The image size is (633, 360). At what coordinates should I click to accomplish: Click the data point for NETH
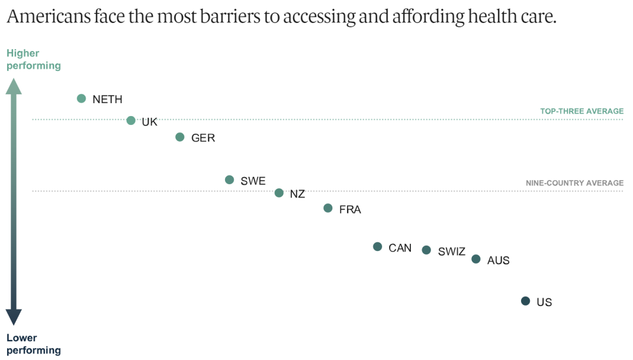coord(81,99)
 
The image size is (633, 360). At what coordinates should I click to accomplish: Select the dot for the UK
coord(131,120)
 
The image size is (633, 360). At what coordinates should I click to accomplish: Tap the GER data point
coord(180,137)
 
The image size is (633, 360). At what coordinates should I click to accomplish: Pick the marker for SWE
coord(229,180)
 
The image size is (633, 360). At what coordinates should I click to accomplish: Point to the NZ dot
coord(279,193)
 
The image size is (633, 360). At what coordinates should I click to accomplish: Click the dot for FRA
coord(328,208)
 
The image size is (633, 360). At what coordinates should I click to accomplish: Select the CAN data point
coord(377,247)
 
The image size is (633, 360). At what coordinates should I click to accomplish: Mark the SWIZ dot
coord(427,250)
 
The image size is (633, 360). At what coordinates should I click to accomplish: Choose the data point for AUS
coord(476,259)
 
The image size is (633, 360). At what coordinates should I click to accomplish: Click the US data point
coord(525,301)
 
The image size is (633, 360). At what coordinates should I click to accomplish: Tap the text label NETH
coord(107,100)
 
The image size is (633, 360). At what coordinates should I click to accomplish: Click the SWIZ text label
coord(451,252)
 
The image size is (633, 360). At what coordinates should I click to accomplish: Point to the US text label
coord(544,303)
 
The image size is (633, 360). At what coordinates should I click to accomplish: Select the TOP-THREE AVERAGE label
coord(581,111)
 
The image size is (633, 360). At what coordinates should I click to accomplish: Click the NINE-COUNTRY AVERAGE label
coord(574,183)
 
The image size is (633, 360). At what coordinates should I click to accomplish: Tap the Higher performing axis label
coord(33,59)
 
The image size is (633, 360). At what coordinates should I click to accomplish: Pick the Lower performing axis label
coord(33,344)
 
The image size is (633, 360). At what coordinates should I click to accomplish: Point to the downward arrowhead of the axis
coord(13,317)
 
